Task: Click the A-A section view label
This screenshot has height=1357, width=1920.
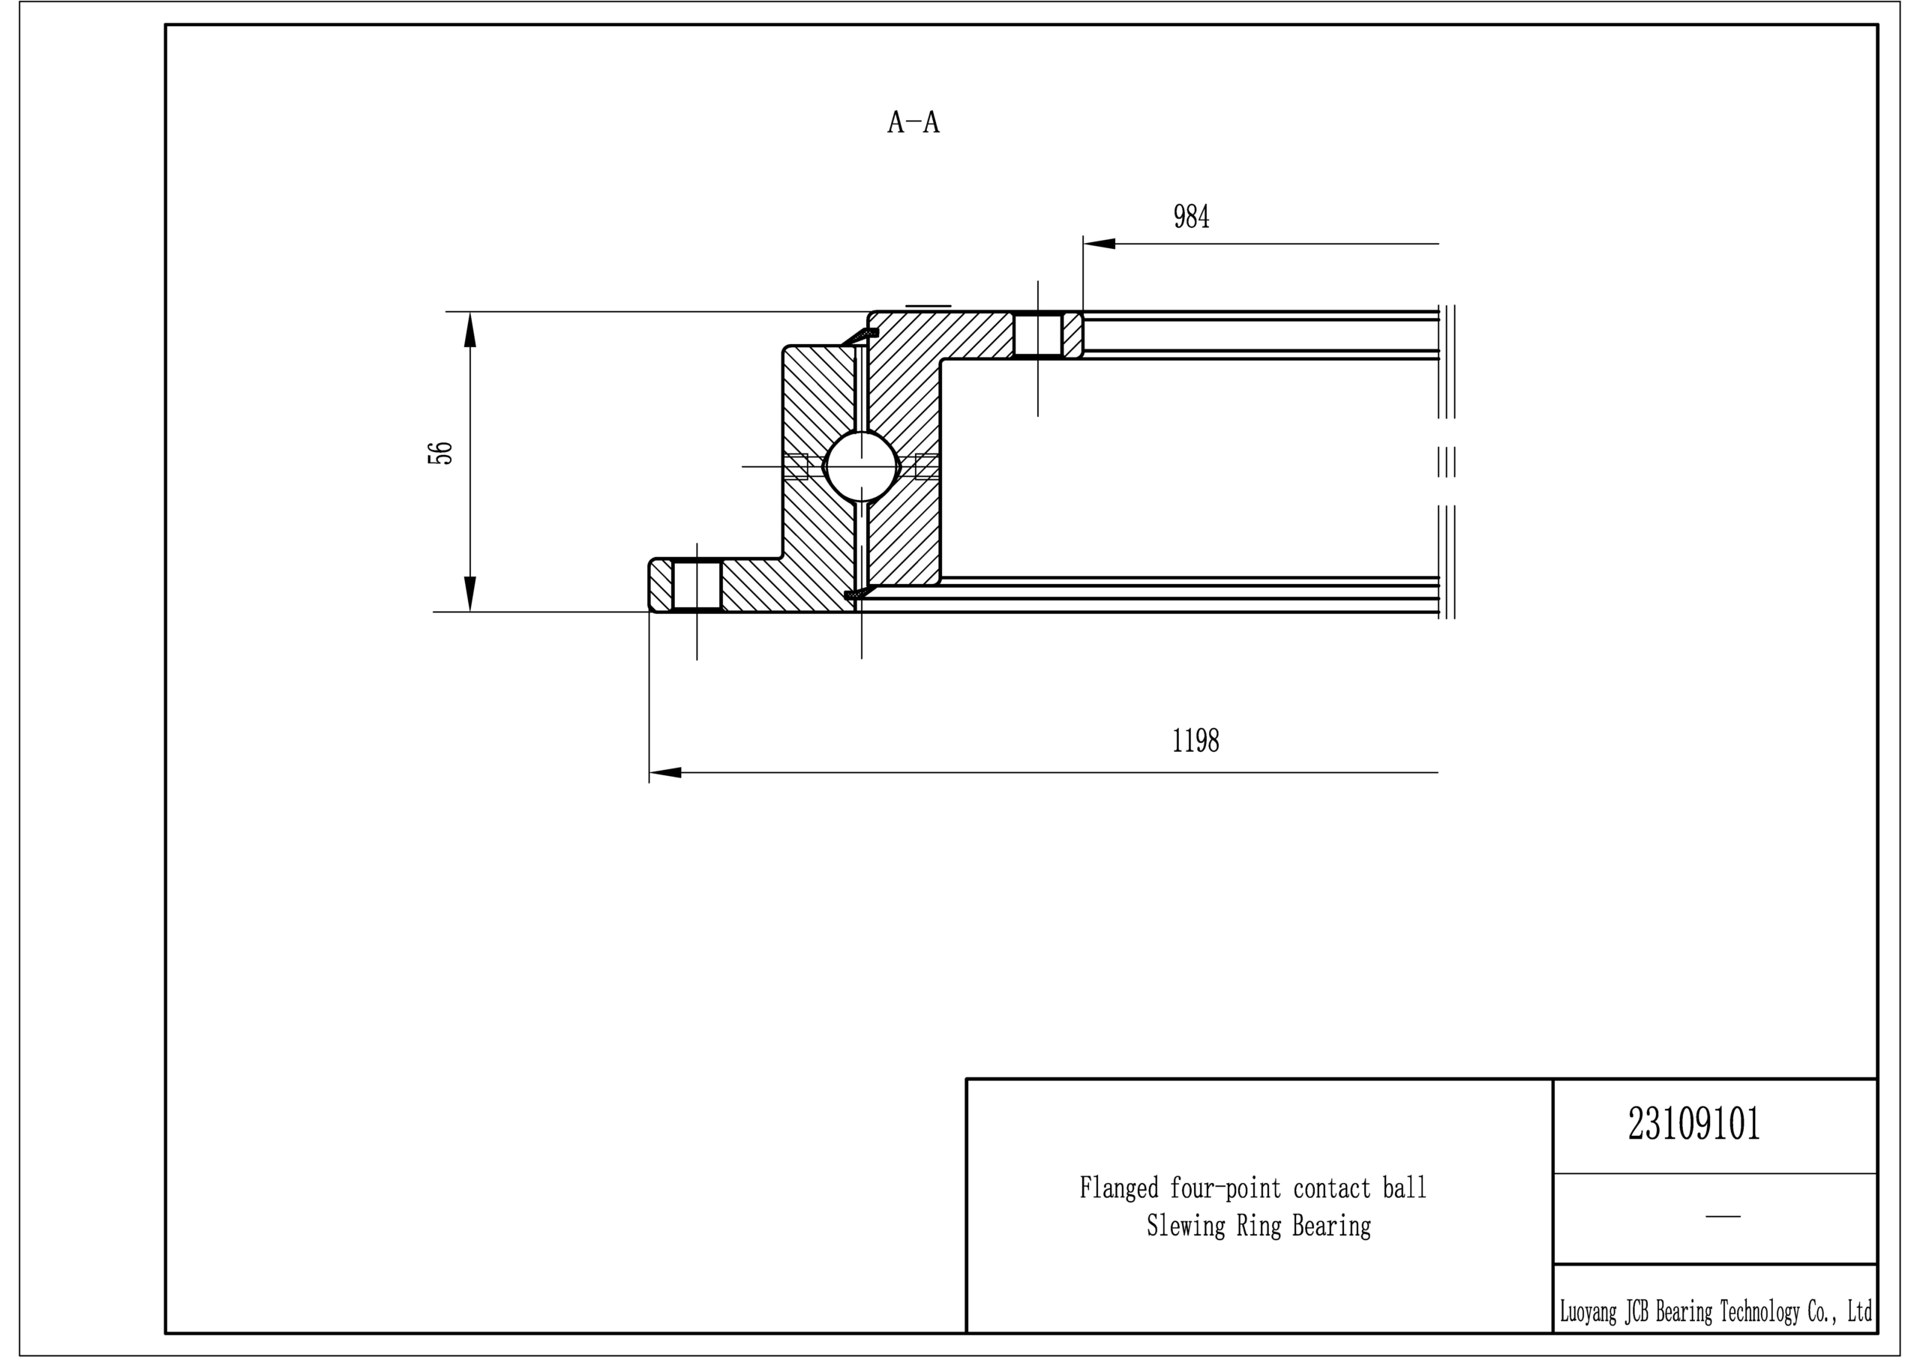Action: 913,123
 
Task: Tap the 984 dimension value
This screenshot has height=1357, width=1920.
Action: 1192,217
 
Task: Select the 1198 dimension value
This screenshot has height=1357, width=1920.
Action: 1195,741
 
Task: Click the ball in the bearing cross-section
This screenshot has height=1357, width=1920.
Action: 861,466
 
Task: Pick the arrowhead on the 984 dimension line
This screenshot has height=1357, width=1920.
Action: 1099,244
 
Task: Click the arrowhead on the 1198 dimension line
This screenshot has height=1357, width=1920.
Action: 666,772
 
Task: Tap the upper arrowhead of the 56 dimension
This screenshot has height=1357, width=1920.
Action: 470,328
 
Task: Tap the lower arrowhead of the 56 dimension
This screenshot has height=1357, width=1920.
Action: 470,595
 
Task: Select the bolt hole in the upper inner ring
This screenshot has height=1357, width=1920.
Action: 1038,335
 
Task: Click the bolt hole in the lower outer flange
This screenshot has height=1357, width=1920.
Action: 697,586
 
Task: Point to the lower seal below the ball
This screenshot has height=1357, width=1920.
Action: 859,593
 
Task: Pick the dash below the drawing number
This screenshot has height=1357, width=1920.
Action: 1723,1217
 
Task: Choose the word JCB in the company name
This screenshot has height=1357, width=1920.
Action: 1636,1312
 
